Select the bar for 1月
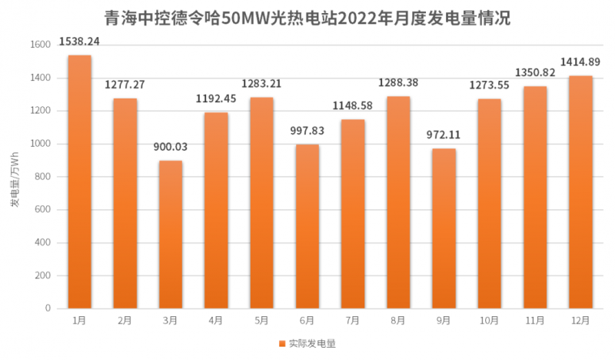[79, 182]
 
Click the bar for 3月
[170, 234]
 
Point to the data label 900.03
[170, 147]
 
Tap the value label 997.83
[307, 131]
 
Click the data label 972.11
[444, 135]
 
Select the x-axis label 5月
[261, 320]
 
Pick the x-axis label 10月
[489, 320]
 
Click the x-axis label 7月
[352, 320]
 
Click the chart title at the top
[307, 17]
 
